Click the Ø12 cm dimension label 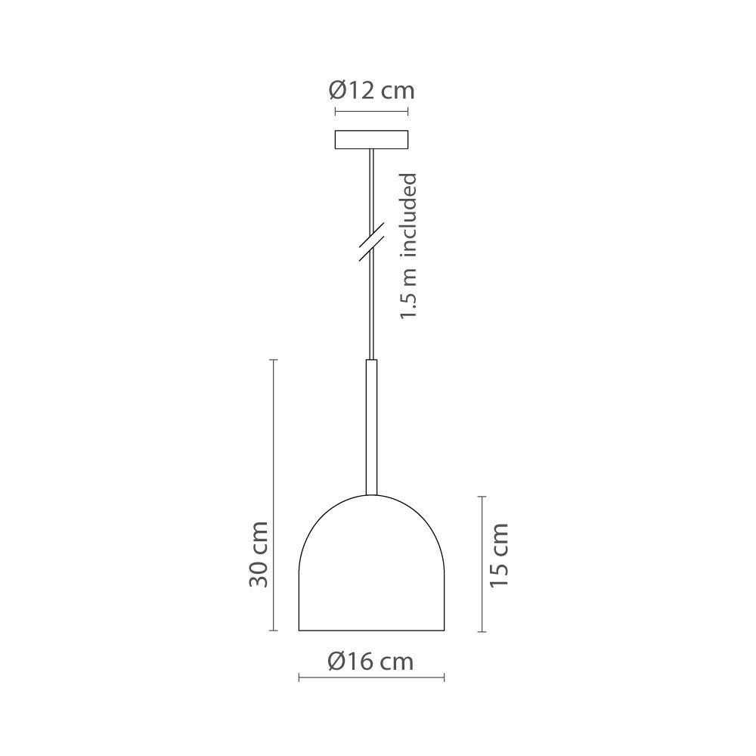(371, 92)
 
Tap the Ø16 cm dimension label (371, 661)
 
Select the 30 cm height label (258, 553)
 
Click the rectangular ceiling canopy (371, 140)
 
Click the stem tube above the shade (371, 427)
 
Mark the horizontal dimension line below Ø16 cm (371, 678)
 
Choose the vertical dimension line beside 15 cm (482, 563)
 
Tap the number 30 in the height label (258, 575)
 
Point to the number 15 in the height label (497, 577)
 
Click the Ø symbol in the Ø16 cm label (337, 661)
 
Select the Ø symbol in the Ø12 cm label (337, 92)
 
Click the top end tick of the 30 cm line (274, 360)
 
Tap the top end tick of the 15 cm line (482, 496)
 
